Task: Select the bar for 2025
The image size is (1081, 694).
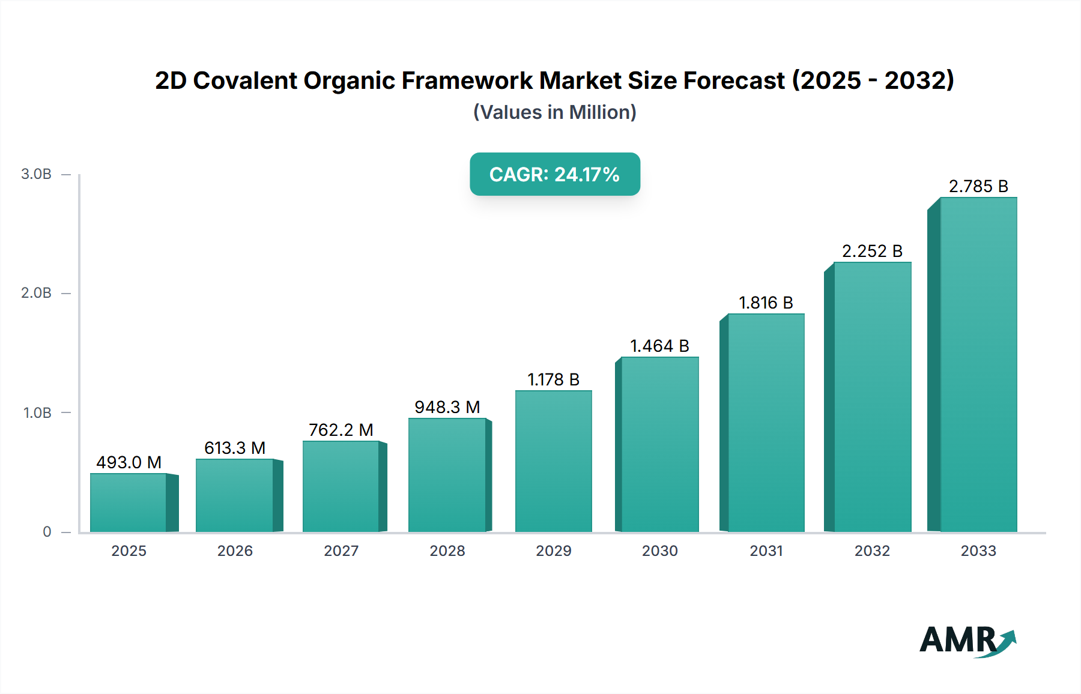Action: point(129,502)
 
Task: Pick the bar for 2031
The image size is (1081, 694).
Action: point(766,423)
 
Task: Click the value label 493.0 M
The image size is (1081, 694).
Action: point(129,462)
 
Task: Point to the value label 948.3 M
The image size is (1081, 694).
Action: point(447,407)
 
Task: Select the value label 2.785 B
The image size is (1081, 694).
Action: point(978,186)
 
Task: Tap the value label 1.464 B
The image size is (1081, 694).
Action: point(659,346)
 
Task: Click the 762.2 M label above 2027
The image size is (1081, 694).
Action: point(341,430)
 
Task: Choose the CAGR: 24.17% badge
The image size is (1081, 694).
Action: point(554,174)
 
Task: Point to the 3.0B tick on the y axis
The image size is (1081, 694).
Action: point(36,174)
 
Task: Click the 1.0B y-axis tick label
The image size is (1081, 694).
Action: point(37,413)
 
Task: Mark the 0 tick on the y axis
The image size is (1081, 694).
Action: point(47,532)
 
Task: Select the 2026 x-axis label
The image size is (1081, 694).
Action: point(235,551)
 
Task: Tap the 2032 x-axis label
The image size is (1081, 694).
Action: point(872,551)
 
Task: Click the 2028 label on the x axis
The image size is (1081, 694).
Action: point(447,551)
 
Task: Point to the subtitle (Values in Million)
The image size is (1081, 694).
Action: point(554,112)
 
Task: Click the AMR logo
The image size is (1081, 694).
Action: point(966,641)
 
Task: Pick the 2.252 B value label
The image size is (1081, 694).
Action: point(872,251)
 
